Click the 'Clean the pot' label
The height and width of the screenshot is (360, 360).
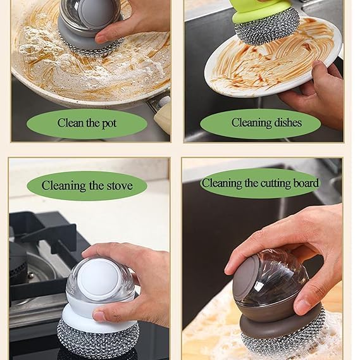pos(87,123)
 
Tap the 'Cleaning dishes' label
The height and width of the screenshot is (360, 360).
pos(266,123)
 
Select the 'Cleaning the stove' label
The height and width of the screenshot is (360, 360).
pos(87,185)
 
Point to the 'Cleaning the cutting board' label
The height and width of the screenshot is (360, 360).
pos(260,183)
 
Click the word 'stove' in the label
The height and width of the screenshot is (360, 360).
pos(118,185)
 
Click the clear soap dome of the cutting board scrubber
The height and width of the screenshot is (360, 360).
pos(272,282)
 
